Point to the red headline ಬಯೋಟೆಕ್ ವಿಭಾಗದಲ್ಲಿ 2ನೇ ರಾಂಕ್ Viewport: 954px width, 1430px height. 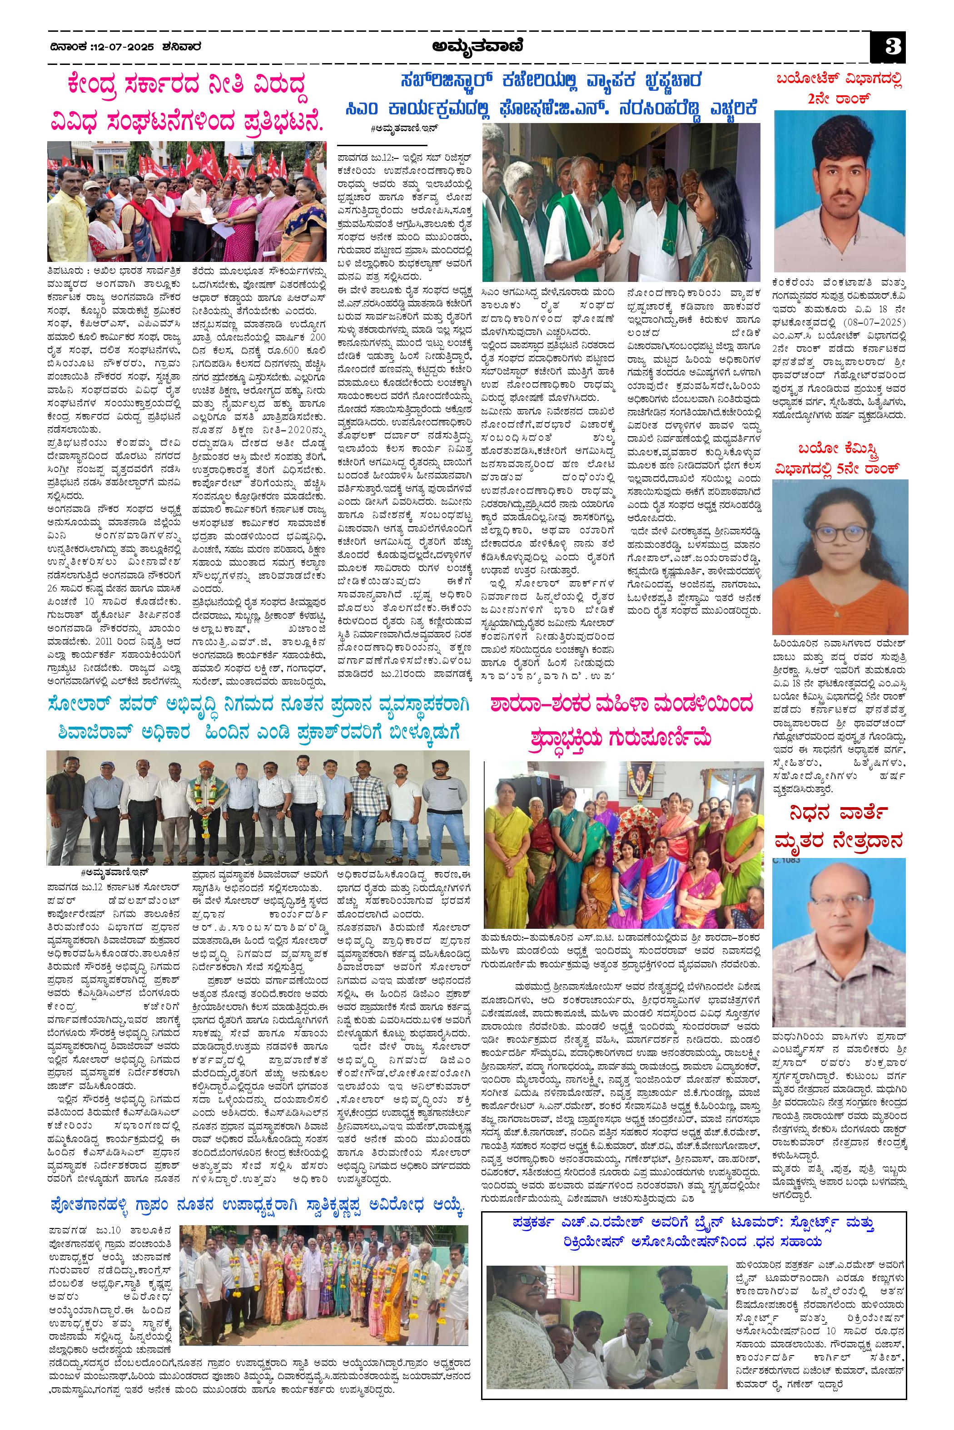(x=840, y=89)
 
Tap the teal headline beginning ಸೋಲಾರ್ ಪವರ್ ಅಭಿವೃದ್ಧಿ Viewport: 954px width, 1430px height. (x=258, y=708)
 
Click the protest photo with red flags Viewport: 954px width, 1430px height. (x=187, y=201)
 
